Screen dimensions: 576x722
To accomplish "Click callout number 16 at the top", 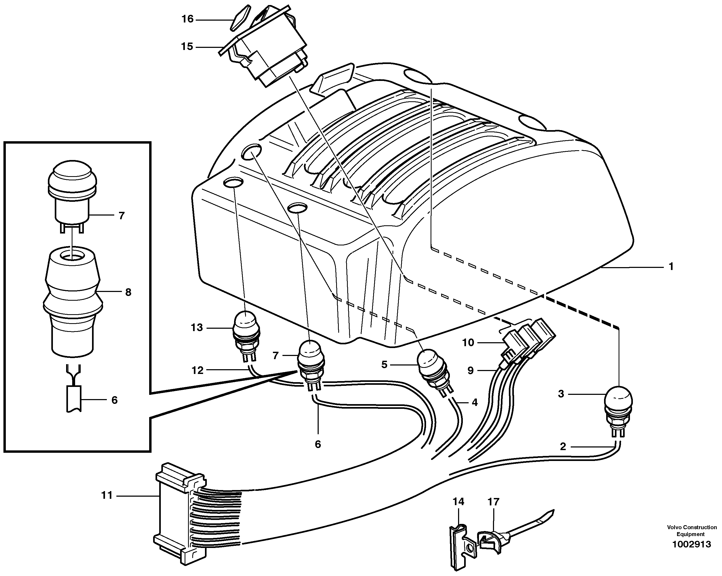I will [x=188, y=19].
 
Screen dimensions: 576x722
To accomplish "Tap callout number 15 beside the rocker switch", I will [x=187, y=47].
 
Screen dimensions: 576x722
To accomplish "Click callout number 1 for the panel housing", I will [x=671, y=267].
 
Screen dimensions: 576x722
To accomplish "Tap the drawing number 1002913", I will [x=691, y=544].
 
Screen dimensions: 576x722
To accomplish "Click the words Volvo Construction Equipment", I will [x=692, y=531].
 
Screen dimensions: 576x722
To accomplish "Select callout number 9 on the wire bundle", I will [x=470, y=371].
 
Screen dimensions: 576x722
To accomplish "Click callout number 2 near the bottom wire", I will [x=563, y=447].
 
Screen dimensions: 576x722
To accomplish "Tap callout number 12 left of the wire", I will [x=198, y=371].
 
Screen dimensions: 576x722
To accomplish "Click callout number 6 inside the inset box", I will [x=115, y=400].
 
